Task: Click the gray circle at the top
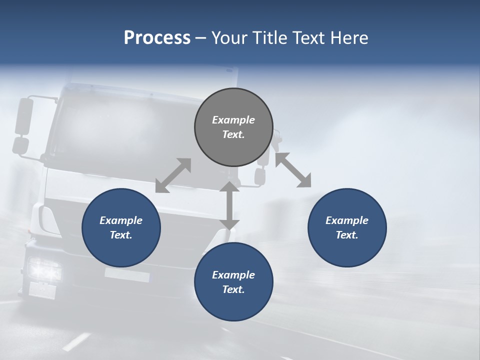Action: tap(233, 127)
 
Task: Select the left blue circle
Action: tap(121, 227)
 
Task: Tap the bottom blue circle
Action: tap(233, 282)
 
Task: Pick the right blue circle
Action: tap(347, 227)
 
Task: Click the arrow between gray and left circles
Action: tap(173, 175)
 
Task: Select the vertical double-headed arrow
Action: tap(229, 205)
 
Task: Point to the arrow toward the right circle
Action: tap(293, 170)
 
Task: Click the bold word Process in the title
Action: tap(157, 37)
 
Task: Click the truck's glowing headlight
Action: tap(44, 270)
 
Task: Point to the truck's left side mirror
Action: tap(23, 116)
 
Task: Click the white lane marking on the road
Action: tap(76, 341)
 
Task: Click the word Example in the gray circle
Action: tap(233, 120)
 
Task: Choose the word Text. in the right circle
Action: tap(347, 235)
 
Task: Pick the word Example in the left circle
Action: tap(121, 220)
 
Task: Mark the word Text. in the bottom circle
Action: tap(233, 289)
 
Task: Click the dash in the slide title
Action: tap(201, 38)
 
